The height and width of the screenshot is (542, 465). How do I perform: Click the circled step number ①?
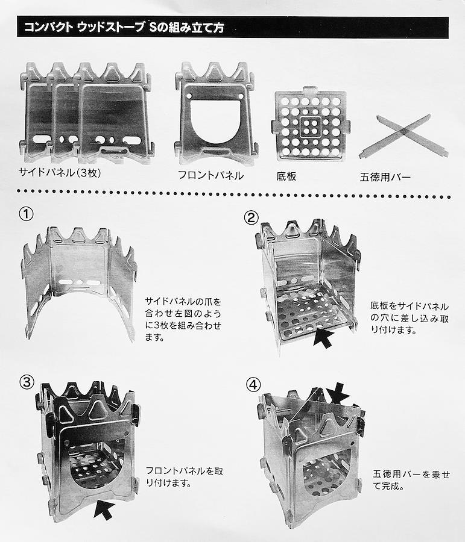26,214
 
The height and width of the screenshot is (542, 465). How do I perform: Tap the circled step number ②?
251,217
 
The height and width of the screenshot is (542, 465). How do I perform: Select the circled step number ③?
27,382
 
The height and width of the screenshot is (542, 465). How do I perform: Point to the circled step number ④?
253,384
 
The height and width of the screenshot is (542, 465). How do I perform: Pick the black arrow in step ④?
338,393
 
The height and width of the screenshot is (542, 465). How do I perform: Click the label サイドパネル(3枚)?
60,172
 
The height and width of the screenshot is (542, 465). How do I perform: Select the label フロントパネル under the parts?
210,175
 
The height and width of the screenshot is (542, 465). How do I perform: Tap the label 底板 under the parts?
286,176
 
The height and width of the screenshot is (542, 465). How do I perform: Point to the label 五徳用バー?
385,177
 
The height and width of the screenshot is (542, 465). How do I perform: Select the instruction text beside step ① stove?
183,319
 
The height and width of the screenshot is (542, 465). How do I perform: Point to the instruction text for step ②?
410,317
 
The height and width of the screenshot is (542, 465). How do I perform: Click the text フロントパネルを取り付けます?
184,477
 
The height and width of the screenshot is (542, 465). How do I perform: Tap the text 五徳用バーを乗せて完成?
411,480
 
